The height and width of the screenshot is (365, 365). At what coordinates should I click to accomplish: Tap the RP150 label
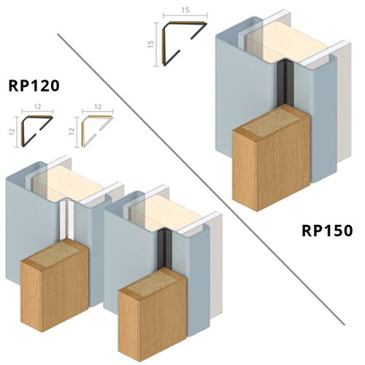coord(327,231)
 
